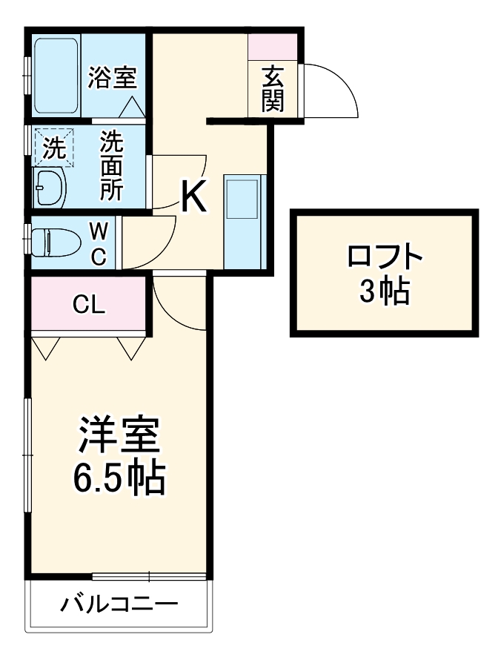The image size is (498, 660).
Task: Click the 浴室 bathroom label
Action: tap(112, 76)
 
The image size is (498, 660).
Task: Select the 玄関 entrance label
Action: tap(273, 89)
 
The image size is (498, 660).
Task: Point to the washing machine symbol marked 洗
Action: tap(53, 148)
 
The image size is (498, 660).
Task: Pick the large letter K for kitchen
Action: tap(193, 197)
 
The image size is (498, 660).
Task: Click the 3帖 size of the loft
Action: tap(384, 294)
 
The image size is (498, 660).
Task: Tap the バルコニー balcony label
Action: tap(119, 604)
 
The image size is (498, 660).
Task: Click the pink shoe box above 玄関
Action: tap(273, 47)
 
